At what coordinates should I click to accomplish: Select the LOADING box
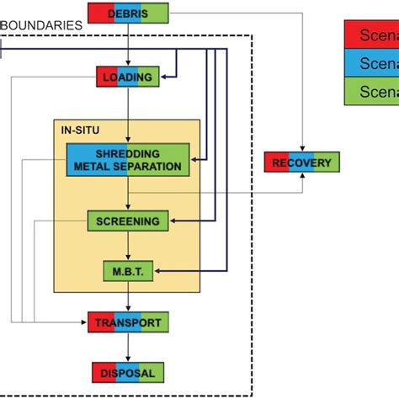coord(128,78)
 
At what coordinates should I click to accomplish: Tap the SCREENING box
coord(128,221)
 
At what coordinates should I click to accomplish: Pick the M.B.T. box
coord(128,271)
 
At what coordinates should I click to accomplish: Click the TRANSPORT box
coord(128,322)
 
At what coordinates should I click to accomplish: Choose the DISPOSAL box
coord(128,371)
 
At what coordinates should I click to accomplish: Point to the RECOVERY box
coord(302,162)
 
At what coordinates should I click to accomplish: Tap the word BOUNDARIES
coord(41,25)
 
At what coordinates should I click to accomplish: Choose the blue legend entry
coord(371,64)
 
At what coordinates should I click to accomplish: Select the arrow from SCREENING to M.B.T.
coord(128,246)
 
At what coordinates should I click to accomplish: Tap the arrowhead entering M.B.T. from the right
coord(158,271)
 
